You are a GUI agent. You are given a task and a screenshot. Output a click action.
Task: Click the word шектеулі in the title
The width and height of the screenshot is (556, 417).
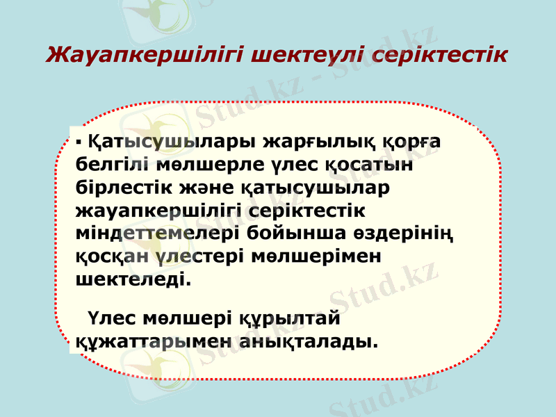point(309,54)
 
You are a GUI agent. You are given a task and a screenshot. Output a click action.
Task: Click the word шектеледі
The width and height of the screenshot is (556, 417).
point(131,279)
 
